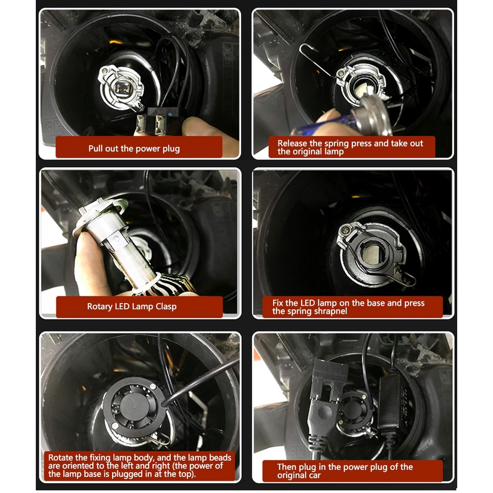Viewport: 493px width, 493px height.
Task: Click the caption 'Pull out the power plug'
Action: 134,148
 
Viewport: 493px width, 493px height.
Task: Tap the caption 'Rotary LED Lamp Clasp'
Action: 132,306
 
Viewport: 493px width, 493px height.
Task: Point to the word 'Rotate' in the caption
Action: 60,458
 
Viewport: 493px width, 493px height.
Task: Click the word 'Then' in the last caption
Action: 286,467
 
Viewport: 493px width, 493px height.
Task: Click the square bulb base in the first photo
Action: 121,89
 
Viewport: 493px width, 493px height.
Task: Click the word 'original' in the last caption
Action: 299,475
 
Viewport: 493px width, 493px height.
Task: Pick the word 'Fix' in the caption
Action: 278,303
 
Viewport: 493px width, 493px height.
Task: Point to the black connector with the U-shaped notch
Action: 329,380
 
